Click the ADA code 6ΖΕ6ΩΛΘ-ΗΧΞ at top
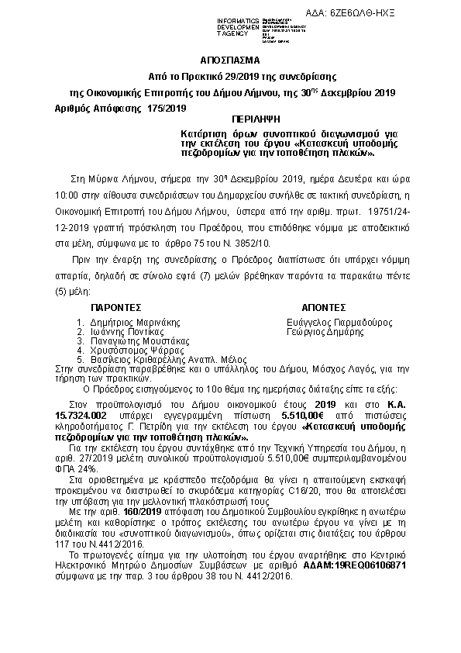click(418, 14)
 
